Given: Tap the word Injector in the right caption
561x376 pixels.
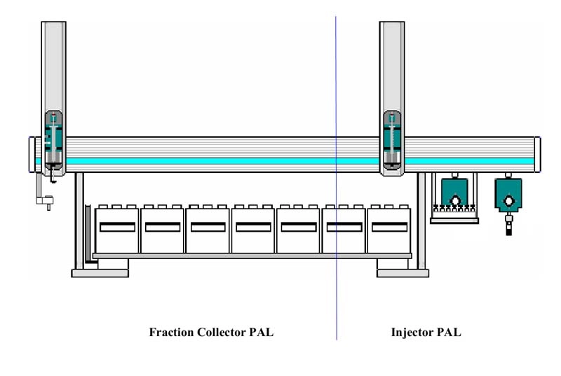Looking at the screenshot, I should click(410, 333).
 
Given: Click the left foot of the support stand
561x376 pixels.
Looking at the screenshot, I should click(100, 270).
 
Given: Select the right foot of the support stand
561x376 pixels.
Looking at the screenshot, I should click(398, 270).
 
